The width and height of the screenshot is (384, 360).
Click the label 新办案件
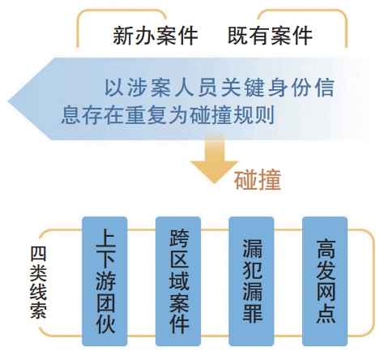pyautogui.click(x=156, y=36)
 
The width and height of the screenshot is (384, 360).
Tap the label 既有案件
pyautogui.click(x=270, y=36)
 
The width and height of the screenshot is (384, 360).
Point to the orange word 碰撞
pyautogui.click(x=258, y=180)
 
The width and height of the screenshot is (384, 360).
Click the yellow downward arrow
pyautogui.click(x=215, y=159)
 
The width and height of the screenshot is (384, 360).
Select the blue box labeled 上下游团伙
pyautogui.click(x=105, y=281)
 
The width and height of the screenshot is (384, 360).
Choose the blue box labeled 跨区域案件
pyautogui.click(x=178, y=281)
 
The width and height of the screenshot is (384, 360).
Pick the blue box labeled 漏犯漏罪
pyautogui.click(x=251, y=281)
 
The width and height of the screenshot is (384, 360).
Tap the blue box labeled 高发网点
pyautogui.click(x=325, y=281)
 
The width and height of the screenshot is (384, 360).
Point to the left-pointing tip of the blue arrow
pyautogui.click(x=8, y=101)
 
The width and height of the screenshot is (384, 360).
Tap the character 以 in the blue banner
pyautogui.click(x=114, y=87)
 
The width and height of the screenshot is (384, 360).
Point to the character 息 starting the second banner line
pyautogui.click(x=71, y=115)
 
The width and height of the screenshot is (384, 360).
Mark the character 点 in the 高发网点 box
pyautogui.click(x=326, y=314)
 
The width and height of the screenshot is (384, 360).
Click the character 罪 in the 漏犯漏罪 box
pyautogui.click(x=252, y=314)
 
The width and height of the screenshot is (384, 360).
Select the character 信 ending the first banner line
pyautogui.click(x=325, y=87)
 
